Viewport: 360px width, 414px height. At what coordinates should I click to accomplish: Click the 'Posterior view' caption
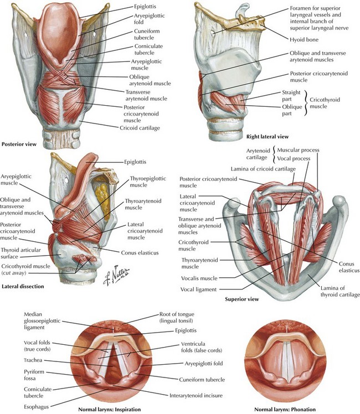[19, 144]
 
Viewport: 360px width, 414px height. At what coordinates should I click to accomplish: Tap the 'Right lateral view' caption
[268, 137]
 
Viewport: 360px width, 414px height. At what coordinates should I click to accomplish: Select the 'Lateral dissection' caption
[23, 286]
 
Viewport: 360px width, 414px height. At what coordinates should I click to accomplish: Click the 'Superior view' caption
[241, 299]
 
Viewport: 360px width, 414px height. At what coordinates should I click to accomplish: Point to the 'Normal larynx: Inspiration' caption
[109, 410]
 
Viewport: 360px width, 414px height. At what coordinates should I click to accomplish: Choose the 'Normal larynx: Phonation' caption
[285, 410]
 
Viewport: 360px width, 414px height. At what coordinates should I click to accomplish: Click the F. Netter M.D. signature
[116, 275]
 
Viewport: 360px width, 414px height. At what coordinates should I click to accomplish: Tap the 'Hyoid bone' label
[304, 40]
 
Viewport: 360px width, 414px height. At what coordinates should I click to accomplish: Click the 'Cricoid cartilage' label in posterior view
[140, 128]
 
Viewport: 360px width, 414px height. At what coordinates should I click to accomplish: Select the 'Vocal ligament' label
[198, 289]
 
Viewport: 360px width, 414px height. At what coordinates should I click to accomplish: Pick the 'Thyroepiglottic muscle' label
[148, 182]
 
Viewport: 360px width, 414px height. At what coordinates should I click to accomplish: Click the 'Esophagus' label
[36, 407]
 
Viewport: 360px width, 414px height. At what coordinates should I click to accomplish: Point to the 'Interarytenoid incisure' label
[196, 396]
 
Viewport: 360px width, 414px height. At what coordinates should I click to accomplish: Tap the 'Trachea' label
[33, 360]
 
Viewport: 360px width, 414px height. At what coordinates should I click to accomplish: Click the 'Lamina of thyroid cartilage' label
[340, 291]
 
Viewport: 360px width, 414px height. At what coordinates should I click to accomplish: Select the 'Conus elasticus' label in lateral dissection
[140, 253]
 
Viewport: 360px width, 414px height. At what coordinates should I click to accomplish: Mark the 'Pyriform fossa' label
[34, 375]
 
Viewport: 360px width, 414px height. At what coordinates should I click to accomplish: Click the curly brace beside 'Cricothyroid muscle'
[306, 103]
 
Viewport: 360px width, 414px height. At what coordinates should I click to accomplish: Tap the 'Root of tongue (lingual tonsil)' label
[177, 317]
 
